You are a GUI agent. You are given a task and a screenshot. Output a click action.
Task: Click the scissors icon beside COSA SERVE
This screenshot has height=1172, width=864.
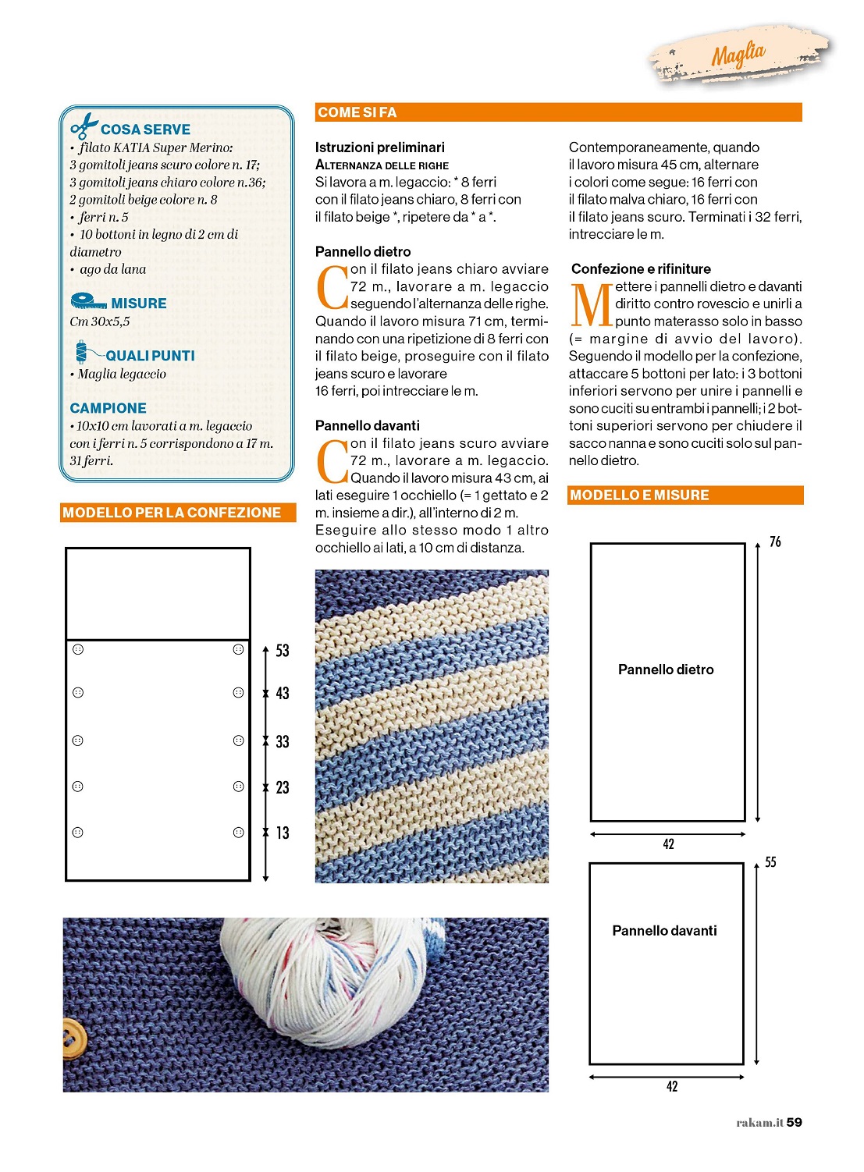pos(84,126)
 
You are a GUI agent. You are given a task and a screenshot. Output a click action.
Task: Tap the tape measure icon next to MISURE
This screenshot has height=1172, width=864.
pos(88,301)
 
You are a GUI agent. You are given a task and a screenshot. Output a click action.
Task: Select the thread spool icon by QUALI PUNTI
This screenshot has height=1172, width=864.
pos(83,353)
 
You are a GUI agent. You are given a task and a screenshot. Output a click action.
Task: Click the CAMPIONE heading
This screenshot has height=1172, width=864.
pos(108,408)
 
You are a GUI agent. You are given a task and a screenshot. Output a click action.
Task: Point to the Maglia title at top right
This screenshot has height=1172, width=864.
pos(738,55)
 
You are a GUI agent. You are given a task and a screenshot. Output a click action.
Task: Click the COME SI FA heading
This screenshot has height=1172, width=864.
pos(357,112)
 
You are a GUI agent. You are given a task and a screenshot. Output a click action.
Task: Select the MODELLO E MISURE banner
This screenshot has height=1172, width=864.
pos(639,495)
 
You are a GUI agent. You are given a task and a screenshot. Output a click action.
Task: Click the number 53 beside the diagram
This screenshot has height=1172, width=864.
pos(283,651)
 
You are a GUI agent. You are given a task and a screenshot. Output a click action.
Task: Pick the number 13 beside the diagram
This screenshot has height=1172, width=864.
pos(283,833)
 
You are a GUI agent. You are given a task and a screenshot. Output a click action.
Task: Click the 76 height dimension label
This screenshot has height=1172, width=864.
pos(775,542)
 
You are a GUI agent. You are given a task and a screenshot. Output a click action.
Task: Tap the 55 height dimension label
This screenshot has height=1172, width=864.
pos(770,862)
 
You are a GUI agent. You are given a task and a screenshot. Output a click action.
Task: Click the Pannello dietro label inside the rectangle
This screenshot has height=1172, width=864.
pos(666,669)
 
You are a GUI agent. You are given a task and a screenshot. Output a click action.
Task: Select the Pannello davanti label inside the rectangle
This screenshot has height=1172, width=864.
pos(664,931)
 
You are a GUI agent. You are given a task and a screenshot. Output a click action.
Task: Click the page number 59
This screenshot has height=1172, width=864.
pos(795,1122)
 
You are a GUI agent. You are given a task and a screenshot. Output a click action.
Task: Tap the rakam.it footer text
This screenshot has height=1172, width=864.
pos(759,1123)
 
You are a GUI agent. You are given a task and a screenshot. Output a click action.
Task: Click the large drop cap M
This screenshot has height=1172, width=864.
pos(591,305)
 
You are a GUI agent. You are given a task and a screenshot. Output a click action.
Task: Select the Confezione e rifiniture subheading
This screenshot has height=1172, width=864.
pos(641,269)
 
